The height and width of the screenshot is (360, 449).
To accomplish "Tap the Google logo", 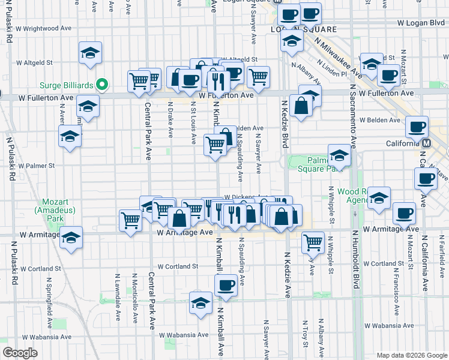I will pos(20,353).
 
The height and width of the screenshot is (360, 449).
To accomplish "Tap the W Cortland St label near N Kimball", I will pos(178,266).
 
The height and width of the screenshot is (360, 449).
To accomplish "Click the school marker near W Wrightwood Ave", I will pos(89,52).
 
